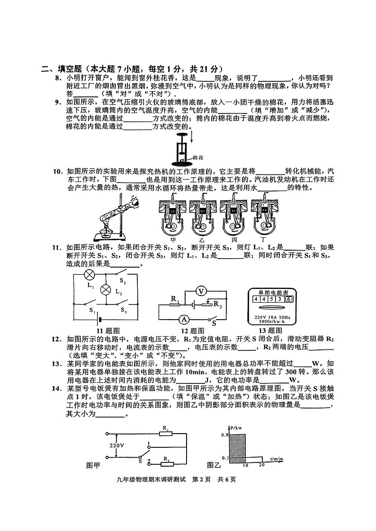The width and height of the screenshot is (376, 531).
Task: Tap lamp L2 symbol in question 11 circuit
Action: pyautogui.click(x=107, y=289)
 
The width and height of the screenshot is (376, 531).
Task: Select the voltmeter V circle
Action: pyautogui.click(x=201, y=291)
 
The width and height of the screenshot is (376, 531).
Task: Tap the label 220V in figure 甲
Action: pyautogui.click(x=116, y=446)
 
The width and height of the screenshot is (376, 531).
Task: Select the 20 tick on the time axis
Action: pyautogui.click(x=261, y=466)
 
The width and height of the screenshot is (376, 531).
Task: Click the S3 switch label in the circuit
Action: pyautogui.click(x=124, y=311)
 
